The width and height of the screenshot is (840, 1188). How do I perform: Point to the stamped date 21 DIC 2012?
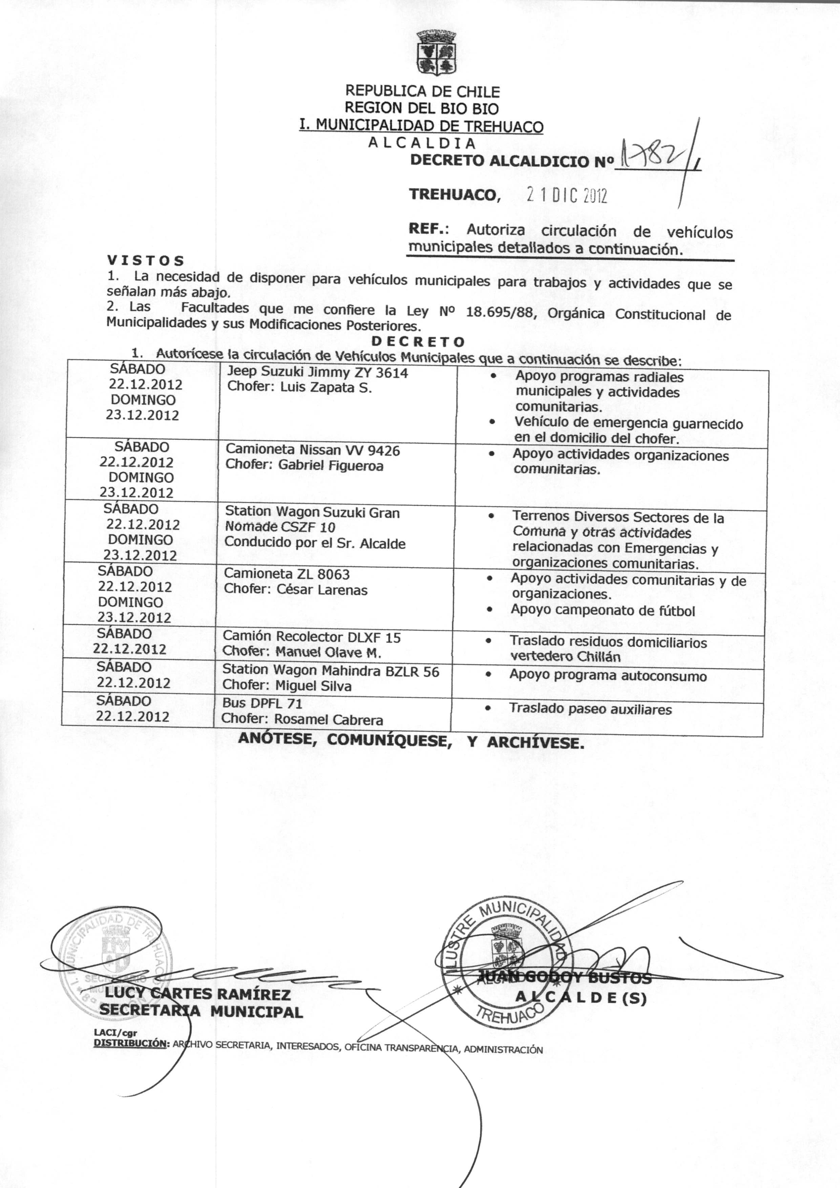pos(566,195)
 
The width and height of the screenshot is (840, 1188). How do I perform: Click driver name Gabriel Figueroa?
pos(331,466)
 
